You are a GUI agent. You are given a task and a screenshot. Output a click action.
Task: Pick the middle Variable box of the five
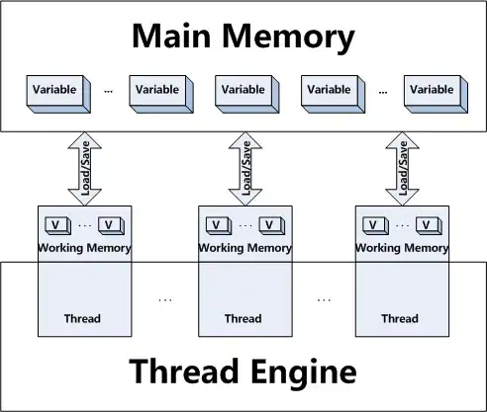click(x=243, y=90)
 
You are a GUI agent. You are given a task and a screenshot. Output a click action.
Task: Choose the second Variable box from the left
click(x=156, y=90)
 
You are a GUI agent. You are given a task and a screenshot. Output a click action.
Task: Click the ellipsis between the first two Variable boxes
click(x=108, y=90)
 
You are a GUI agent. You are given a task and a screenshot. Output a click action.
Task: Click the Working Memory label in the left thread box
click(x=84, y=248)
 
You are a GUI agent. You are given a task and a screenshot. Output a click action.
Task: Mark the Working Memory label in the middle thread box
click(x=243, y=248)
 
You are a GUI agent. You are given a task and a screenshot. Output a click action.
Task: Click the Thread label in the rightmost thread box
click(x=400, y=319)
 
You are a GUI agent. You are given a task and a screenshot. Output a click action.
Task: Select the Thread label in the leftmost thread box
click(x=84, y=319)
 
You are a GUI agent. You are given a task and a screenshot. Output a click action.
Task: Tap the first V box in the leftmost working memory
click(x=58, y=225)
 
